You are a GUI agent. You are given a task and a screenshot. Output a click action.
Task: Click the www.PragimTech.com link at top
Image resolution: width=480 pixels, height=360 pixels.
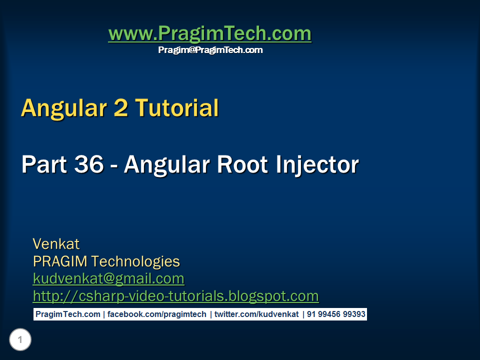coord(209,34)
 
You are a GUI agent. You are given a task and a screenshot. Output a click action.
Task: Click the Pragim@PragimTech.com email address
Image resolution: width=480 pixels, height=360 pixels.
coord(210,50)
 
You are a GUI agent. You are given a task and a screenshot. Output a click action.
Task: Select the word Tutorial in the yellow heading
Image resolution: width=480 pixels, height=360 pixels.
coord(177,108)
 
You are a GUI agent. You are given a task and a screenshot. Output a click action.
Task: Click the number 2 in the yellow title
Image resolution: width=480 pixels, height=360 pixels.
coord(121,108)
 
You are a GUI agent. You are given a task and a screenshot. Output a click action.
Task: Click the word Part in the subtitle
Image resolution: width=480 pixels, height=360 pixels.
coord(44,164)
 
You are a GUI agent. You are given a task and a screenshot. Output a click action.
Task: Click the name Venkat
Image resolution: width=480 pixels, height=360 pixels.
coord(56,244)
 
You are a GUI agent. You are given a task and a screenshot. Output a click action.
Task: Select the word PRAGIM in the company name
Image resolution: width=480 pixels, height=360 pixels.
coord(60,261)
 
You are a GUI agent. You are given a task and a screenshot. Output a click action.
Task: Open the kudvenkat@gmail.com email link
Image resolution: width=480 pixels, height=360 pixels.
coord(108,278)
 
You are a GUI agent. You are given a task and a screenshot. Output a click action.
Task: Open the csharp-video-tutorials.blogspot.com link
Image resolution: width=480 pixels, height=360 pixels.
coord(175,296)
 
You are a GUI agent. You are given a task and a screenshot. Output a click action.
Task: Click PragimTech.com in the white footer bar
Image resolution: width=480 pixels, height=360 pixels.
coord(67,314)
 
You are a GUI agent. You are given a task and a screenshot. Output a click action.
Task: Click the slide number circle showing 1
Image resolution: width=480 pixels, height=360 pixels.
coord(20,340)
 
